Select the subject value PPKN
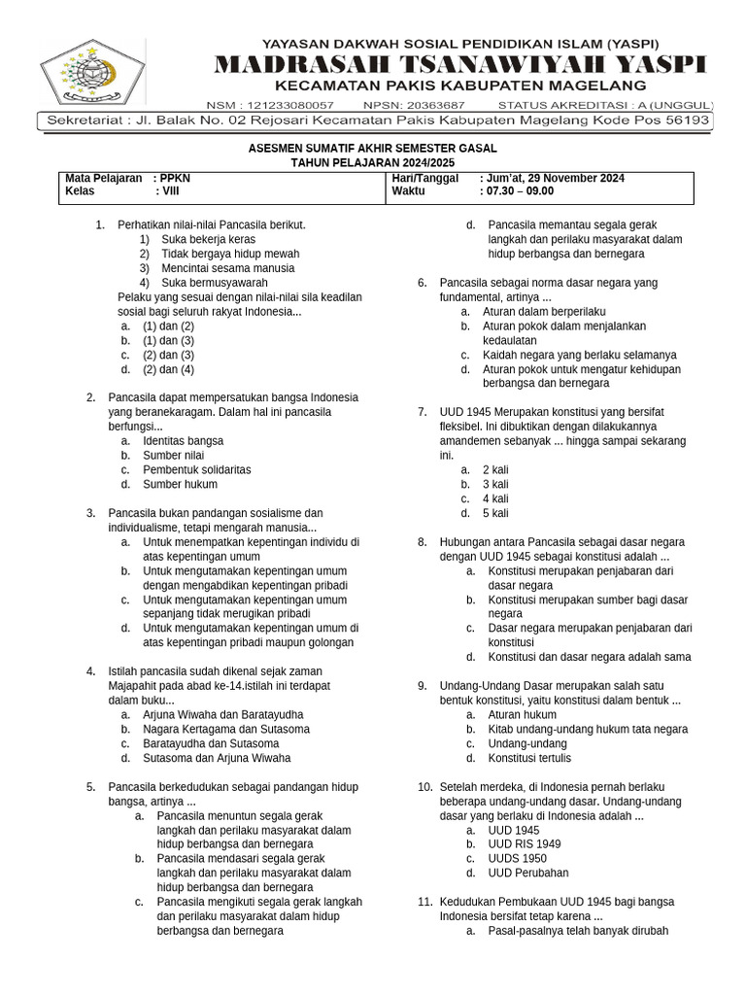[x=175, y=179]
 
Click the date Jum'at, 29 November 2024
[x=552, y=179]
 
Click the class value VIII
[x=171, y=192]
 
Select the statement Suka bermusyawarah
[x=215, y=283]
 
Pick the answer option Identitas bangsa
[x=183, y=441]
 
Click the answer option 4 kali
[x=495, y=498]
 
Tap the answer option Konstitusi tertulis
[x=529, y=758]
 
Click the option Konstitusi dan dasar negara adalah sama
[x=590, y=657]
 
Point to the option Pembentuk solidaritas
[x=196, y=470]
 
